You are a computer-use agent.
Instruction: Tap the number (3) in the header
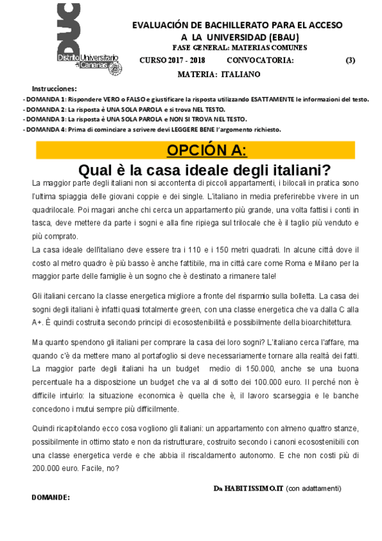[x=349, y=61]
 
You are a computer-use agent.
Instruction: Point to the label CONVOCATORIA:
[x=260, y=61]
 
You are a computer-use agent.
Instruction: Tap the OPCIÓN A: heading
[x=206, y=151]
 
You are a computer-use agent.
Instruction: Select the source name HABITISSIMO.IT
[x=253, y=488]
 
